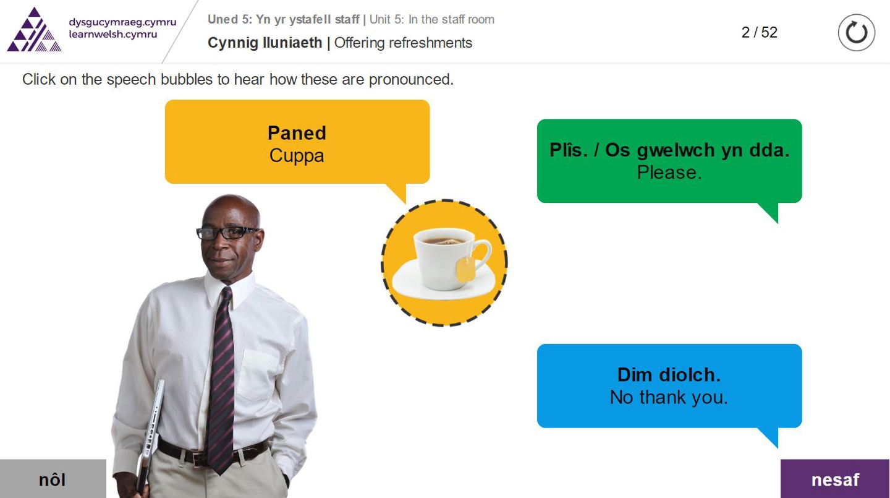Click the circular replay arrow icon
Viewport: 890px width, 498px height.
coord(856,33)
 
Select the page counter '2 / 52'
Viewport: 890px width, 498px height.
coord(759,32)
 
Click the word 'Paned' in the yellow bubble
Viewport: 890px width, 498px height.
coord(297,133)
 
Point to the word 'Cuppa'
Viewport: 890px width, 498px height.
coord(297,155)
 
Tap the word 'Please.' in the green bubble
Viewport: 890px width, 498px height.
coord(669,172)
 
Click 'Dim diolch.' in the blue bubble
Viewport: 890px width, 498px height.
coord(669,375)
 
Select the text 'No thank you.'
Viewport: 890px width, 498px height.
coord(669,397)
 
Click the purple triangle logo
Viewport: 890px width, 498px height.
coord(34,30)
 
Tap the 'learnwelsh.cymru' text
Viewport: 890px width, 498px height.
coord(113,34)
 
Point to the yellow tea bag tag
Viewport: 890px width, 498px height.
coord(465,269)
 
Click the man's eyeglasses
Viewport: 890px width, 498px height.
coord(226,232)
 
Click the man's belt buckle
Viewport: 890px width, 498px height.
coord(198,458)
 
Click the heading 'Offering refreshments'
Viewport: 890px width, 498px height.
coord(403,43)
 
